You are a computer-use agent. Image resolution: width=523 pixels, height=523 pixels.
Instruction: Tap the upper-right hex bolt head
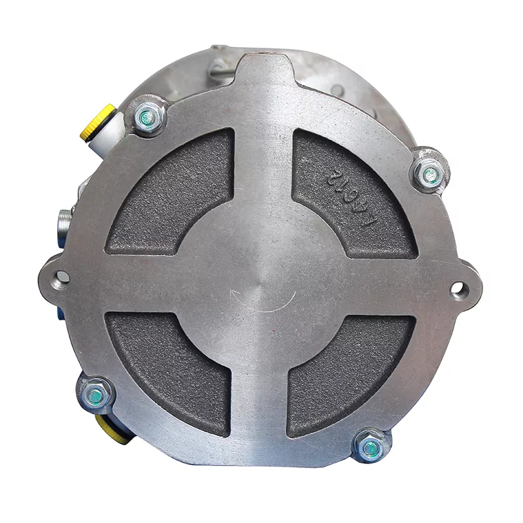click(x=430, y=174)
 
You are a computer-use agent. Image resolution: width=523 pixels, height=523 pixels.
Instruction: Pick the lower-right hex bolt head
click(x=371, y=448)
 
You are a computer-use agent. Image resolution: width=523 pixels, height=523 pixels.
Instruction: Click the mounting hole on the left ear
click(x=61, y=277)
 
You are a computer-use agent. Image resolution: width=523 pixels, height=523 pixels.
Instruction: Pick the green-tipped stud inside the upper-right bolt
click(x=430, y=175)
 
